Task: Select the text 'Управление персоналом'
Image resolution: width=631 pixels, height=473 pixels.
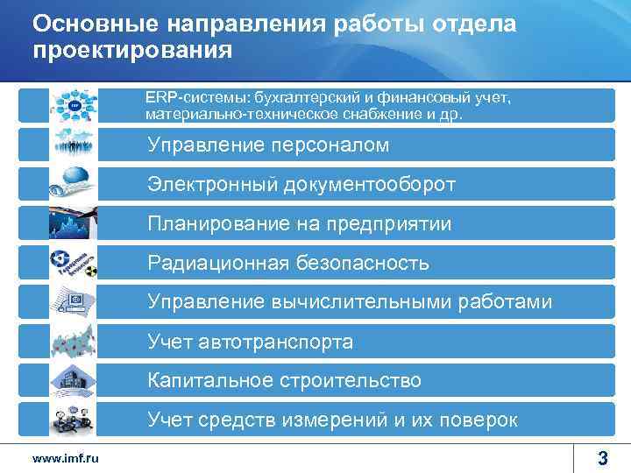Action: pos(268,145)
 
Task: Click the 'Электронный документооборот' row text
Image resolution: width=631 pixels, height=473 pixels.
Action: pos(301,184)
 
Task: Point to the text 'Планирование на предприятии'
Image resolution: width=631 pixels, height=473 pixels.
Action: pos(300,223)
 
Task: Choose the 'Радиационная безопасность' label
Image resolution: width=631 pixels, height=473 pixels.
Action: pos(288,263)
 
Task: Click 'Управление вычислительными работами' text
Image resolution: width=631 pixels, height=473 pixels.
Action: pos(350,302)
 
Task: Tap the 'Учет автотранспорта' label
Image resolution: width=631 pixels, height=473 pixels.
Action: pos(250,342)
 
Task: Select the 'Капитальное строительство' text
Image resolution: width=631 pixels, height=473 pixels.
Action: pos(284,381)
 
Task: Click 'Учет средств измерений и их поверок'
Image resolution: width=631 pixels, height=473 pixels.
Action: pos(332,420)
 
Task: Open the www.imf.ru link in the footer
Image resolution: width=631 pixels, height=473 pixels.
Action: pos(65,458)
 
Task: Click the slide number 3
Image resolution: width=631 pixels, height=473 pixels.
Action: pos(602,456)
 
